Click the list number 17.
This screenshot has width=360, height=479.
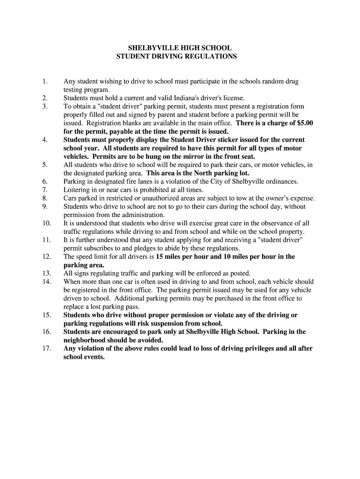[x=46, y=348]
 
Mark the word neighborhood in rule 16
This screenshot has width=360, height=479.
[x=86, y=340]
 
